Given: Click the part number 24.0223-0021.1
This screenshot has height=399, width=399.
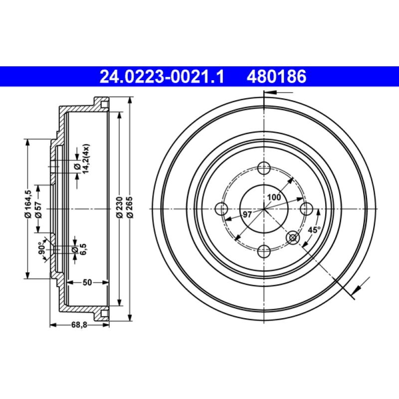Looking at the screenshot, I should [163, 76].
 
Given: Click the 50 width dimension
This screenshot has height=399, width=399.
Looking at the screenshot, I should [87, 283].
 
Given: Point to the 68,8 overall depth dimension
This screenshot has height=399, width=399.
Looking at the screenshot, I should [79, 325].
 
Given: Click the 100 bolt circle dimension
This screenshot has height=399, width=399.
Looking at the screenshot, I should [273, 197].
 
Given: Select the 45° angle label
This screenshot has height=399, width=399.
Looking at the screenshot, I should [314, 230].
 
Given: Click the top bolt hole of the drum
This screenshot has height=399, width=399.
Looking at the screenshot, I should [264, 168].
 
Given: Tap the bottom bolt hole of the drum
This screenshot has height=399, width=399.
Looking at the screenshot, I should [264, 250].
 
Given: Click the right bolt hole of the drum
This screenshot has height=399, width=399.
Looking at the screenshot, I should [307, 209].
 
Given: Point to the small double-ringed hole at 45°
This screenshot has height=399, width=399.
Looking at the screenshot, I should [294, 238].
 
